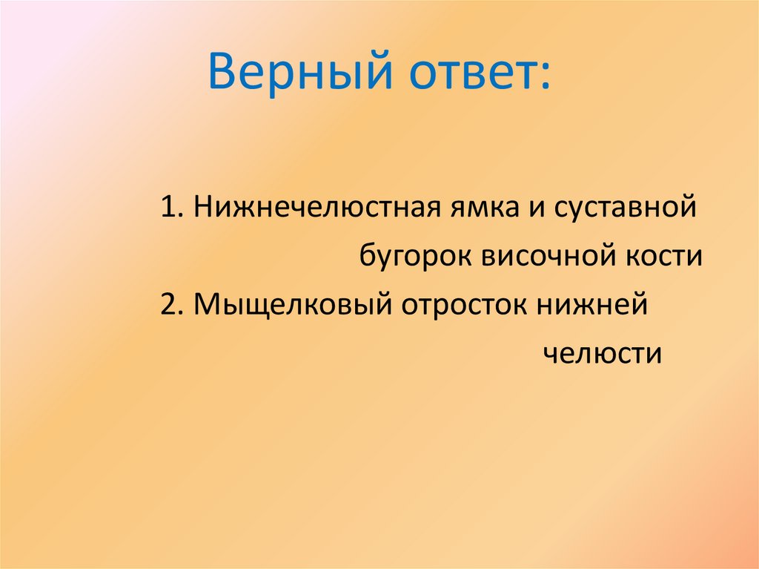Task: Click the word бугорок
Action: (417, 257)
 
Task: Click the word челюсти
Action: (602, 354)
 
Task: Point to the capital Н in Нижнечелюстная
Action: (202, 208)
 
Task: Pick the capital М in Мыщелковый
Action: (205, 306)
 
